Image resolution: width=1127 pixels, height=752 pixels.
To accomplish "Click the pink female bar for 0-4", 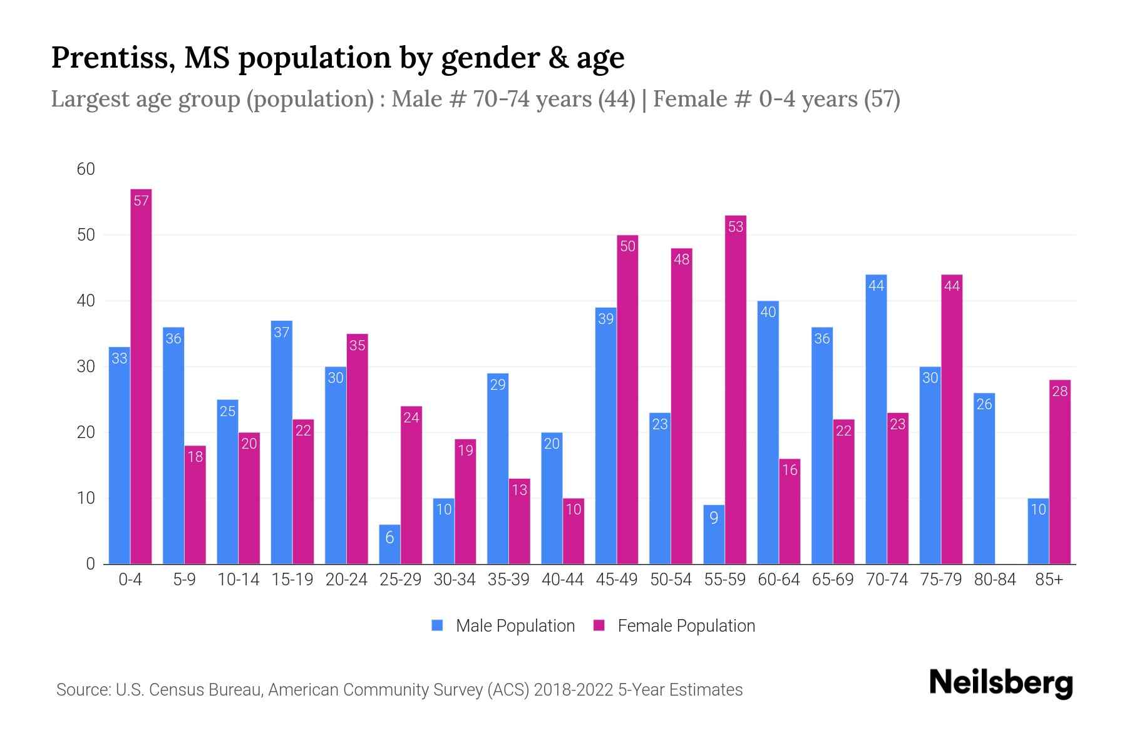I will pyautogui.click(x=141, y=376).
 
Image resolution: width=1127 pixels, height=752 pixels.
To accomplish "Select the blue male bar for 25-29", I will pyautogui.click(x=389, y=544).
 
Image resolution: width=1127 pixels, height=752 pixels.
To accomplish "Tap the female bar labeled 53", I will pyautogui.click(x=736, y=389).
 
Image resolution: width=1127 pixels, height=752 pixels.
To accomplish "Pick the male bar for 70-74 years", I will pyautogui.click(x=876, y=420).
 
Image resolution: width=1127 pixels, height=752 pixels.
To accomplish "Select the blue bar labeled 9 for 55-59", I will pyautogui.click(x=714, y=534).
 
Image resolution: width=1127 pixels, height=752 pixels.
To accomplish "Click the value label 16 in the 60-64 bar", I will pyautogui.click(x=790, y=470).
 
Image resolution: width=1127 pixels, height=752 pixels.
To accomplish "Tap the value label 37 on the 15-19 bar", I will pyautogui.click(x=282, y=332).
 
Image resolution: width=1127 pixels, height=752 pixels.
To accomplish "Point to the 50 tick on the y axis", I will pyautogui.click(x=86, y=235).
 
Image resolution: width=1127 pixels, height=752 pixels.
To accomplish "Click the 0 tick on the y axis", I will pyautogui.click(x=90, y=564).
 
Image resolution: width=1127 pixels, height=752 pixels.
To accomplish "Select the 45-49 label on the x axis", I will pyautogui.click(x=617, y=580).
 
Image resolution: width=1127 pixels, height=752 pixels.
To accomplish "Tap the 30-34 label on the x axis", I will pyautogui.click(x=455, y=580).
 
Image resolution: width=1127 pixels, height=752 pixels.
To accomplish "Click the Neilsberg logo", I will pyautogui.click(x=1001, y=683).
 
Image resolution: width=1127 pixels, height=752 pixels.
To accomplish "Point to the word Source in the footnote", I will pyautogui.click(x=82, y=690).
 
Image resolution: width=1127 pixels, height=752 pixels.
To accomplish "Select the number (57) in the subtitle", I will pyautogui.click(x=882, y=99).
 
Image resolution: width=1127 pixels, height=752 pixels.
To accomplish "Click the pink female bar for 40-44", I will pyautogui.click(x=574, y=531).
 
